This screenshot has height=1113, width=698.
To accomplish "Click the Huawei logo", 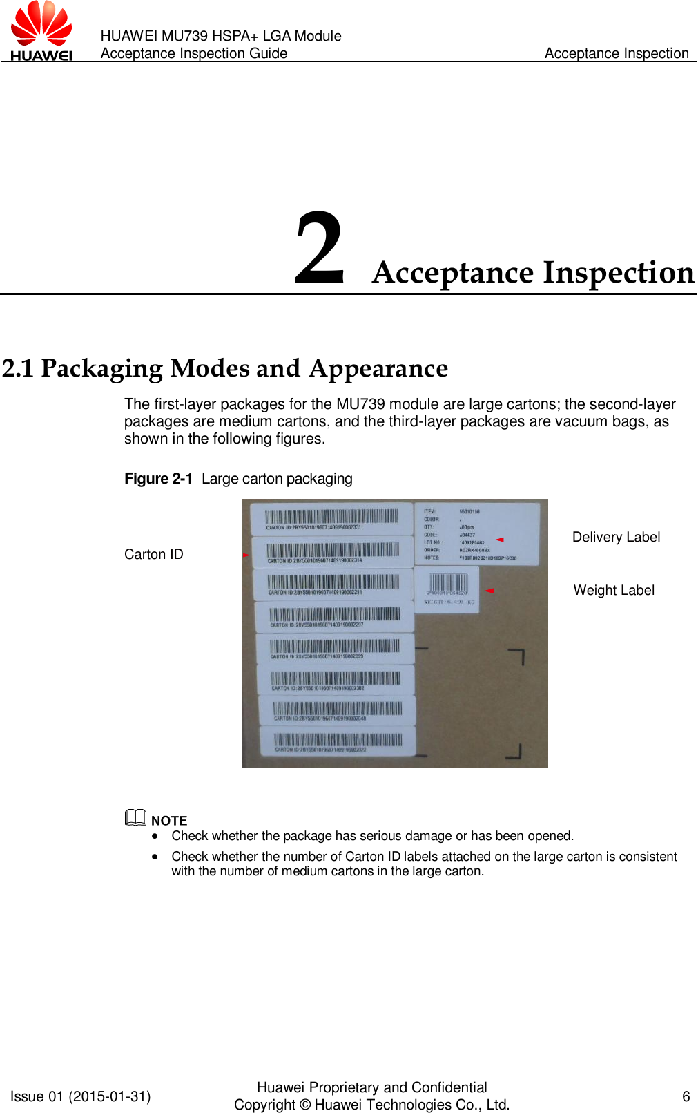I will coord(41,31).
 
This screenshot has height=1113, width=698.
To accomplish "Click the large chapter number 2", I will coord(319,250).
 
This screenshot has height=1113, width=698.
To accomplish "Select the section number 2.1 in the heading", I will coord(18,368).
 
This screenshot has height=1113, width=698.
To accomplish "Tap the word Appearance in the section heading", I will coord(378,368).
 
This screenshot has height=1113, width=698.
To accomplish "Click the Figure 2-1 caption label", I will coord(158,479).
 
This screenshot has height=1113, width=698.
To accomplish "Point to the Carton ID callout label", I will coord(153,554).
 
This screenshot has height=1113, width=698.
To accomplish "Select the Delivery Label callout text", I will coord(616,537).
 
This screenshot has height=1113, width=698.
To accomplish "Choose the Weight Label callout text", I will coord(614,590).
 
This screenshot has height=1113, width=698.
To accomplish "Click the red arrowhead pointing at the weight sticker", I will coord(489,591).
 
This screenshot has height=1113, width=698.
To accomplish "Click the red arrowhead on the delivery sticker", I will coord(499,540).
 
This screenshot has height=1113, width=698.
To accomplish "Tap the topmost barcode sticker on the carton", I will coord(331,518).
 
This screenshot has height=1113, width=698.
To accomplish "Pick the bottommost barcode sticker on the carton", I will coord(338,741).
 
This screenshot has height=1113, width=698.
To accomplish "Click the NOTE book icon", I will coord(135,818).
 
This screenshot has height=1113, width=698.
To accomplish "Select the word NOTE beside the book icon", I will coord(169,821).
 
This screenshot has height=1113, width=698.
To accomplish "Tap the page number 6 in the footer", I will coord(686,1096).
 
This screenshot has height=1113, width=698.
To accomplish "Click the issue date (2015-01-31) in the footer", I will coord(110,1096).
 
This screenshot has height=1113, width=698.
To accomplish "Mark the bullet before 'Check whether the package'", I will coord(156,836).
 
